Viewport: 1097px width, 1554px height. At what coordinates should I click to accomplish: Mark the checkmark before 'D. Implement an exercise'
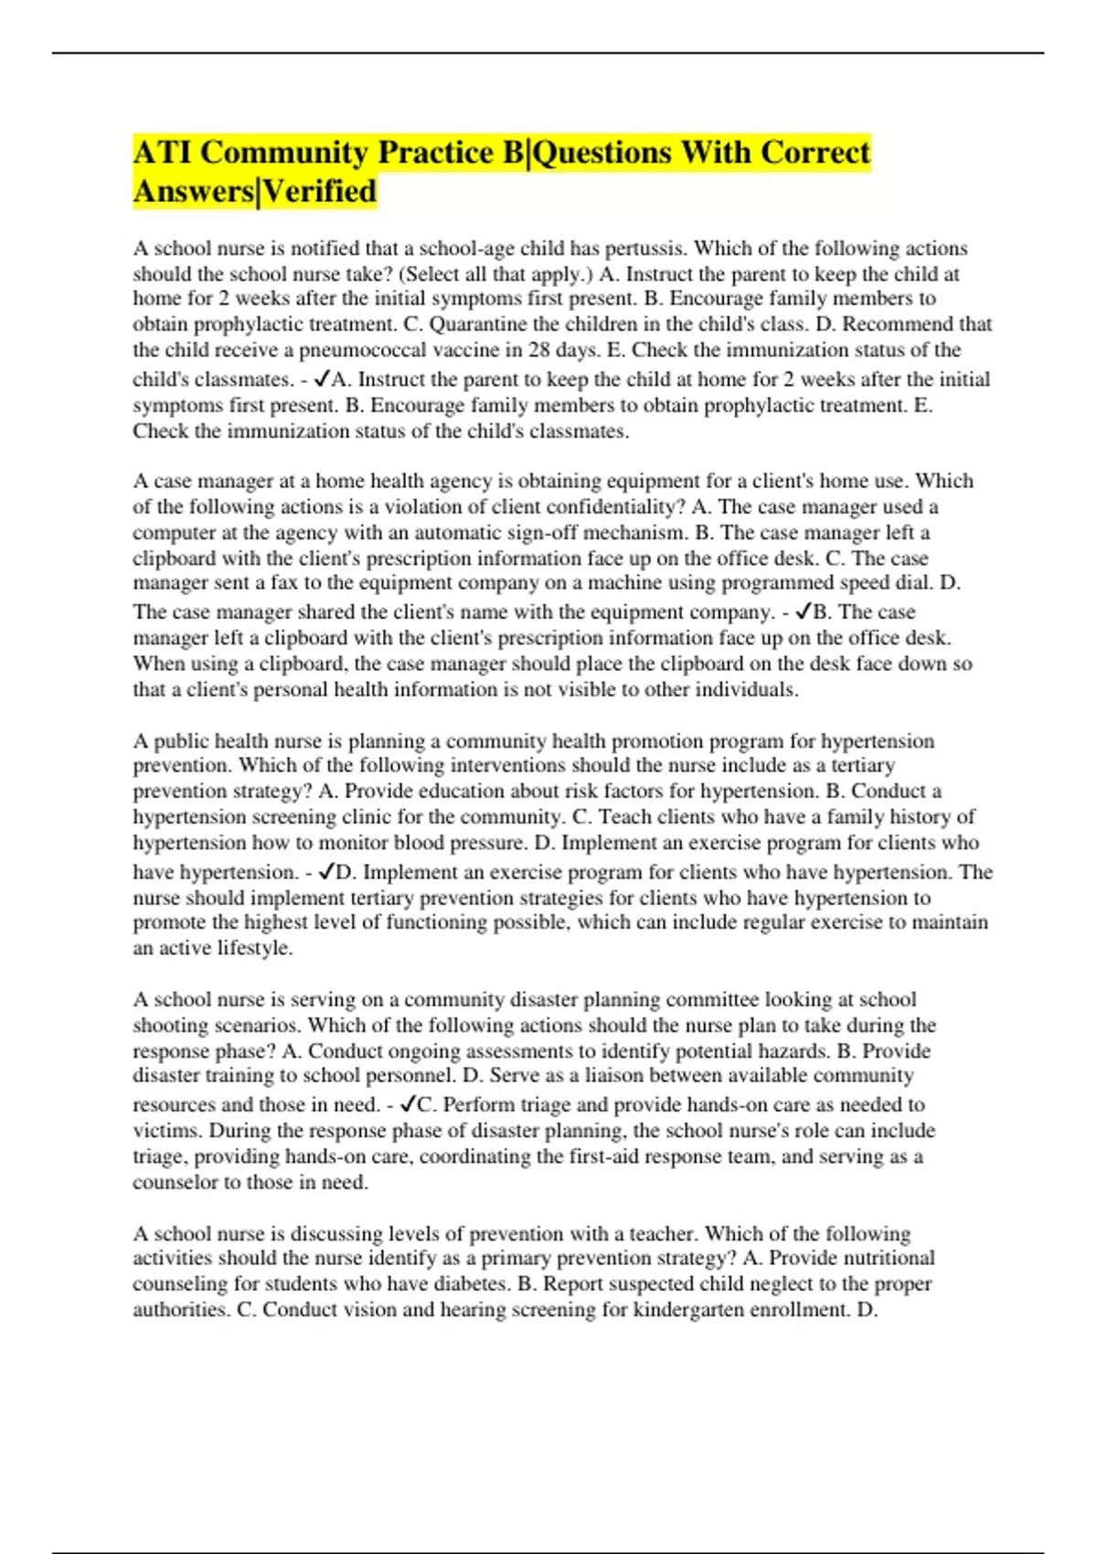[325, 871]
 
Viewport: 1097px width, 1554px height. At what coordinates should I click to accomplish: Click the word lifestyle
[254, 949]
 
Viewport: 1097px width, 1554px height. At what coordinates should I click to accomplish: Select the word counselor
[172, 1183]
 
